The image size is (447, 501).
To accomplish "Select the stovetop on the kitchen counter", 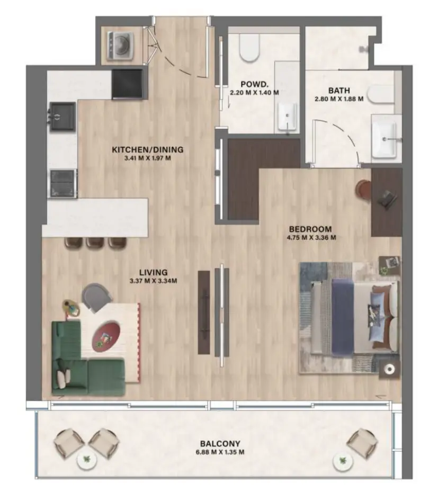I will point(62,183).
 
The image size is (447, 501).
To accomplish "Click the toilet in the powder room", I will point(248,49).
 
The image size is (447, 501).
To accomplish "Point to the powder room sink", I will point(287,115).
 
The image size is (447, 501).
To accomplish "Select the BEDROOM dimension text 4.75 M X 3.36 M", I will point(312,237).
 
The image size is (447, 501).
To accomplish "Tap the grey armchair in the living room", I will point(96,297).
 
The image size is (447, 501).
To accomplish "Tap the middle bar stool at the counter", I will point(95,243).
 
